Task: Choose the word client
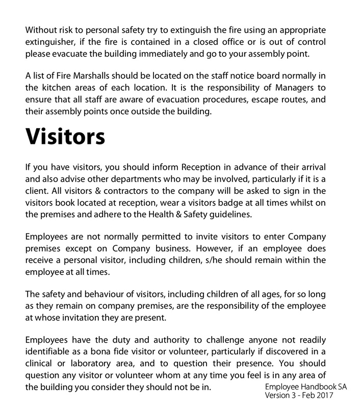coord(36,191)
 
